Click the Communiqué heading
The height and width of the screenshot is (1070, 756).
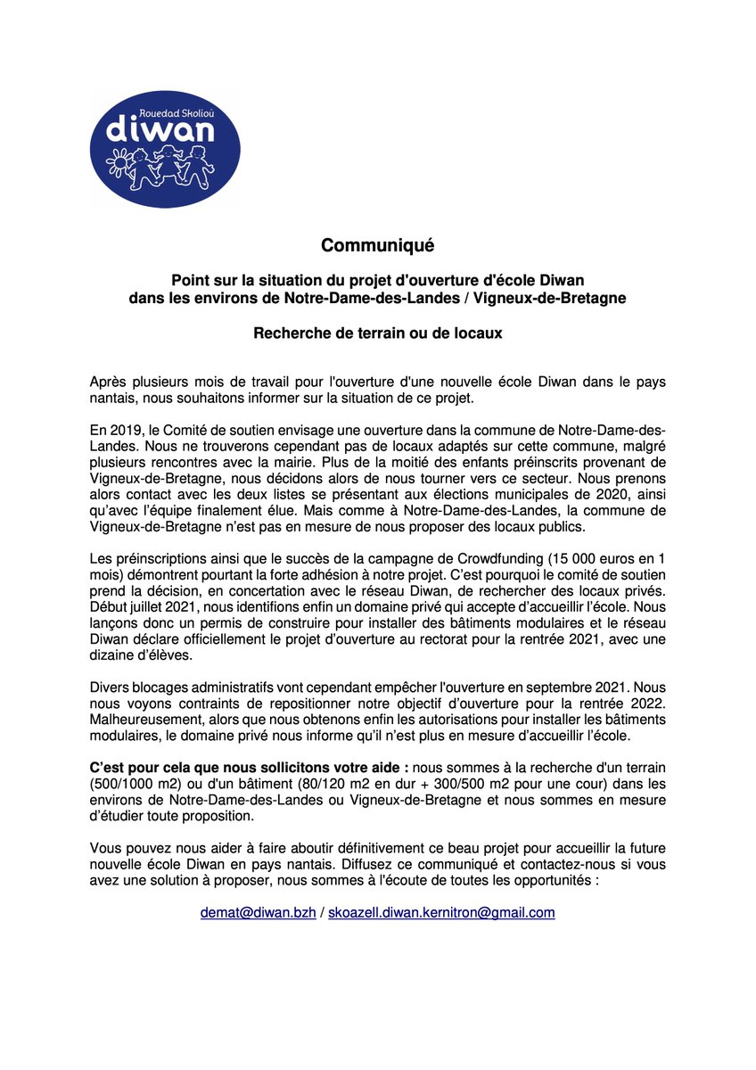click(x=377, y=244)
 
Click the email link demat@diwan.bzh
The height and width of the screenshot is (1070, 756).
click(x=257, y=913)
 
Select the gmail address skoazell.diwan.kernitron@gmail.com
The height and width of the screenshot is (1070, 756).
click(x=441, y=913)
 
